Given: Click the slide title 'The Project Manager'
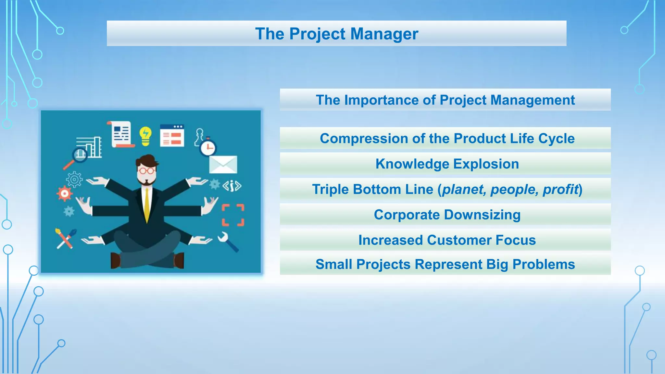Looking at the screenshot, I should pos(336,34).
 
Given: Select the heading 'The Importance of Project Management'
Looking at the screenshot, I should pos(445,100).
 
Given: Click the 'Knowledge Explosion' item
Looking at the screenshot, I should pos(447,164).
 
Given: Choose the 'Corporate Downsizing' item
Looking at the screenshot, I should pos(447,215).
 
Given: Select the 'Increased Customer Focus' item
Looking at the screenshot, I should pos(447,240).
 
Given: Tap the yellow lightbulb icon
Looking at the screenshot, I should pos(145,136).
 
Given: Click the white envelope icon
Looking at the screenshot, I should pos(223,165).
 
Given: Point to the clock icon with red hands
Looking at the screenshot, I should pos(208,148).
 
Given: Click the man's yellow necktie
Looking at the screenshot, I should pos(147,205).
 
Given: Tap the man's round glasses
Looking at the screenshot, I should pos(146,170).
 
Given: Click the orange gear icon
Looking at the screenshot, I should pos(65,194).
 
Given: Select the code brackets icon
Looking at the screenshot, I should pos(232,186).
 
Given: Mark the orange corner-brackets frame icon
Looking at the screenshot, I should pos(233,215).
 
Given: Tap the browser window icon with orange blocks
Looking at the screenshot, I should pos(172,136).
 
